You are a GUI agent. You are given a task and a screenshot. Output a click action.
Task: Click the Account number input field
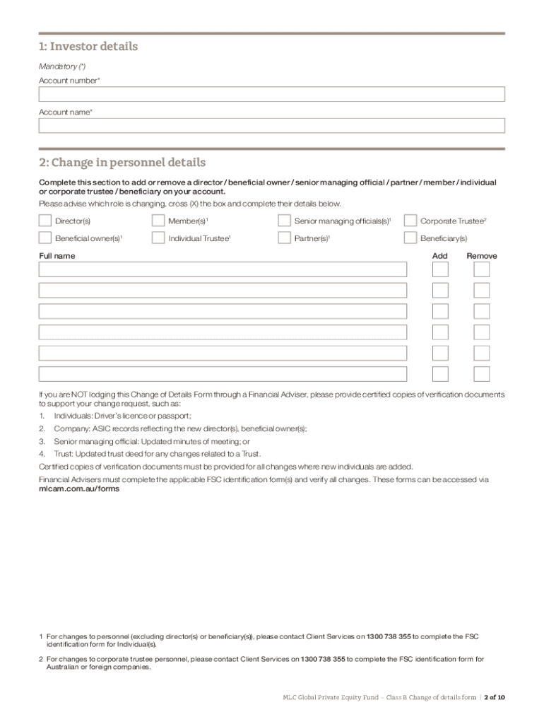click(272, 94)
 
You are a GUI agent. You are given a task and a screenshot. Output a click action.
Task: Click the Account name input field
click(272, 126)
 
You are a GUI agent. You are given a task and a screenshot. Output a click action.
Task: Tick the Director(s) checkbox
click(45, 221)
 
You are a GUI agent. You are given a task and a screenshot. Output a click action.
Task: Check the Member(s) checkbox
click(158, 221)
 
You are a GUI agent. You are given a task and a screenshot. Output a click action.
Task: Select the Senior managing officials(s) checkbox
click(284, 221)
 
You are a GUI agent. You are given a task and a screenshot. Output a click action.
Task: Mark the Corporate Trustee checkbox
click(410, 221)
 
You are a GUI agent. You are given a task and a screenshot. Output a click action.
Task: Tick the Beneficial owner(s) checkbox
click(45, 238)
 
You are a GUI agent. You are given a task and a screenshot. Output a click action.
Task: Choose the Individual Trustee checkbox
click(158, 238)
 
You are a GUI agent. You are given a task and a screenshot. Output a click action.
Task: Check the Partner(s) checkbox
click(284, 238)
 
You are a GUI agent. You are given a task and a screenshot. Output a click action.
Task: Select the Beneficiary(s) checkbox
click(410, 238)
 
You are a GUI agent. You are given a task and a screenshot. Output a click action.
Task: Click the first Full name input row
click(223, 269)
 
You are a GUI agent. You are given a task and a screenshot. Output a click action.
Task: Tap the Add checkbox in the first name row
click(440, 269)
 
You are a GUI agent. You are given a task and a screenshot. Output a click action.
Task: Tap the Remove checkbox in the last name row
click(482, 374)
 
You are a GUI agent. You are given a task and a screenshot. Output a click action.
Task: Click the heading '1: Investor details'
click(88, 47)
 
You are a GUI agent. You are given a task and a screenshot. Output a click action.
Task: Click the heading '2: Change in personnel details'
click(122, 163)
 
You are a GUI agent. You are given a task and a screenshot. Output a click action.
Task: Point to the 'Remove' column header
click(482, 256)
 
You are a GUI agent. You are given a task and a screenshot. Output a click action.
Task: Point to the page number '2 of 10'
click(495, 697)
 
